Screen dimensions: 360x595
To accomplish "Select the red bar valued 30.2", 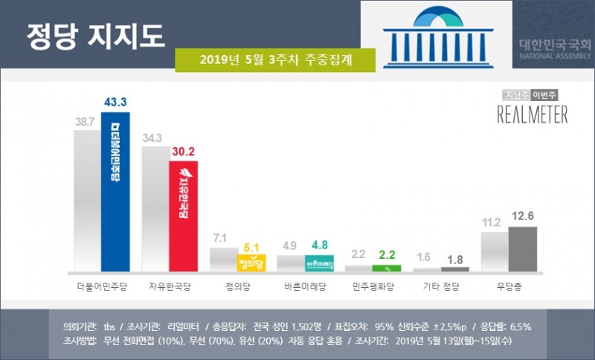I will pyautogui.click(x=183, y=215).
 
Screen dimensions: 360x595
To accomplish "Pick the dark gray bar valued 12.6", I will pyautogui.click(x=522, y=248).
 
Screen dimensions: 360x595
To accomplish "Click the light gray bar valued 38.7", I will pyautogui.click(x=87, y=201).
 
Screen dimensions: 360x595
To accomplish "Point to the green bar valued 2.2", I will pyautogui.click(x=387, y=268).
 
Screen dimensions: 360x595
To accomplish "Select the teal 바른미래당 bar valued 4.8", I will pyautogui.click(x=319, y=263).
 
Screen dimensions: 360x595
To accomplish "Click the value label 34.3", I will pyautogui.click(x=155, y=138).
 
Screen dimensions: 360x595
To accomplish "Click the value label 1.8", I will pyautogui.click(x=454, y=259).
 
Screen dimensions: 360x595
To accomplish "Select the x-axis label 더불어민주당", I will pyautogui.click(x=102, y=286).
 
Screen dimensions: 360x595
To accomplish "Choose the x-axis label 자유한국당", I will pyautogui.click(x=169, y=286).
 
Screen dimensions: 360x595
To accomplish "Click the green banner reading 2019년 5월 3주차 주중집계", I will pyautogui.click(x=275, y=60).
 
